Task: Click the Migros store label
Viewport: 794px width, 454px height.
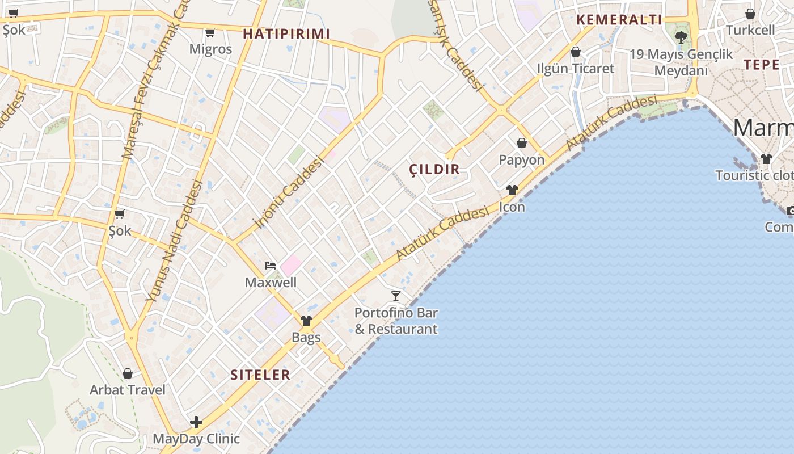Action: pos(210,49)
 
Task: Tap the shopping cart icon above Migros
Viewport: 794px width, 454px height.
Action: pos(210,32)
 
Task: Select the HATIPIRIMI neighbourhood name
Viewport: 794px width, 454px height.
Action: pos(286,34)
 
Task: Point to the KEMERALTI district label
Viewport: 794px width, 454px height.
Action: pos(619,20)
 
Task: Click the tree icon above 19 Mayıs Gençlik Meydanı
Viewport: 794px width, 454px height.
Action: pos(681,37)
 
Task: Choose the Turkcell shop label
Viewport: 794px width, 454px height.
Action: pos(750,30)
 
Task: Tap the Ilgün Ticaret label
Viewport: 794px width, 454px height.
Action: pos(576,68)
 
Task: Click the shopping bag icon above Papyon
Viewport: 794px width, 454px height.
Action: pos(522,143)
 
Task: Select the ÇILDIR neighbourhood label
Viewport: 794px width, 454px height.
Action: pos(434,169)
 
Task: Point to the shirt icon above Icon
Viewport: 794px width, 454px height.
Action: pos(512,190)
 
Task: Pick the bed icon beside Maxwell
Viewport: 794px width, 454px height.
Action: pos(271,266)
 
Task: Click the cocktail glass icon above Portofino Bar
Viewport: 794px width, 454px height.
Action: pos(396,296)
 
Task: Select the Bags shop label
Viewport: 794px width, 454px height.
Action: pos(306,337)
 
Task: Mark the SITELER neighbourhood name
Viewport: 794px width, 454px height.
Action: pos(260,375)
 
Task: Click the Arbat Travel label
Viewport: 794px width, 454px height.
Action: pos(128,390)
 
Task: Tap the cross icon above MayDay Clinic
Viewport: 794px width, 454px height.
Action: pos(196,422)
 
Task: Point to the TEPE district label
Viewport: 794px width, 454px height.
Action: pos(762,64)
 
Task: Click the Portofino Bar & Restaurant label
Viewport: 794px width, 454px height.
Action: pos(396,321)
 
